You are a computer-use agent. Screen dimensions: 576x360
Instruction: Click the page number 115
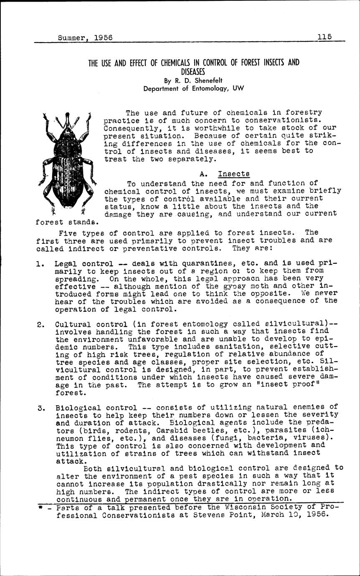click(x=324, y=36)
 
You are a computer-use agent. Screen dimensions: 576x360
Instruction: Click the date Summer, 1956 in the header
click(x=85, y=37)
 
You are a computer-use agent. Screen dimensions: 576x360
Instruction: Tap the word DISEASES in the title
click(x=194, y=71)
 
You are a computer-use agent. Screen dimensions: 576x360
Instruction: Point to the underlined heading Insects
click(x=234, y=173)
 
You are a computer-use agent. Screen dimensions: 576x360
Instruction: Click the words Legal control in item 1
click(x=84, y=264)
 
